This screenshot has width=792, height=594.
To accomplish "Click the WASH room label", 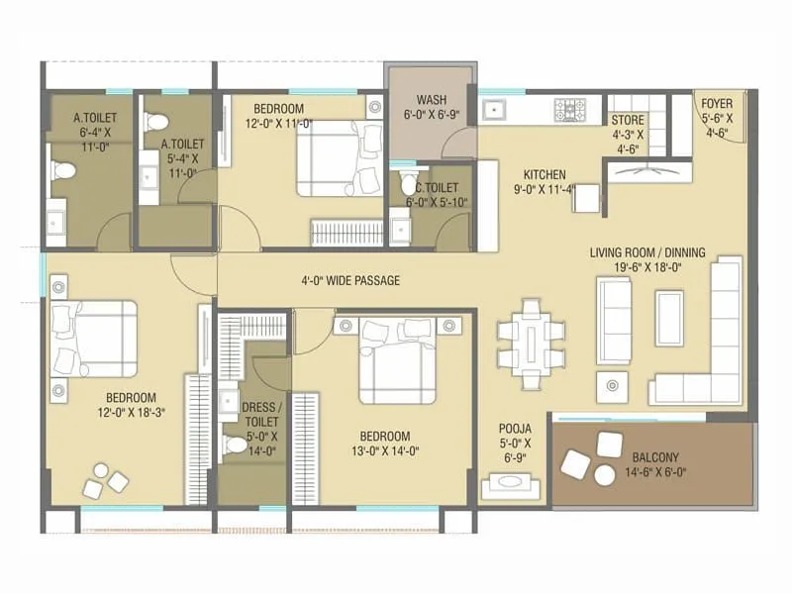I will click(x=430, y=100).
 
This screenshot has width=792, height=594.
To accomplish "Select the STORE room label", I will click(x=628, y=121).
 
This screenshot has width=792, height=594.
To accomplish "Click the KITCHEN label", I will click(x=544, y=170).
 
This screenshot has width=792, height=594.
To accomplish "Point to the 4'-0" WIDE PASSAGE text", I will click(x=350, y=281).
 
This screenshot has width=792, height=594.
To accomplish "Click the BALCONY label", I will click(x=654, y=457).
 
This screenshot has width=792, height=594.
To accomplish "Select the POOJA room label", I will click(x=515, y=429).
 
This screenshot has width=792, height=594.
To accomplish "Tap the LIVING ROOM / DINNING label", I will click(x=647, y=252).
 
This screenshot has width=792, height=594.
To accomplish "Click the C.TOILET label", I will click(x=437, y=186).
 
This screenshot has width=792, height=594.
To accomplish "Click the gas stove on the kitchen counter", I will click(x=569, y=109).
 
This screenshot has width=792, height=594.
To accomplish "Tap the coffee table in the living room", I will click(x=669, y=318).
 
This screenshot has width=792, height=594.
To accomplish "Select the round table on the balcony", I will click(x=604, y=475).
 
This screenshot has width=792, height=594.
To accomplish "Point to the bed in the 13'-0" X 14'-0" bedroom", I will click(x=395, y=361).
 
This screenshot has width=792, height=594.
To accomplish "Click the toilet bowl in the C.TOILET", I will click(x=409, y=184).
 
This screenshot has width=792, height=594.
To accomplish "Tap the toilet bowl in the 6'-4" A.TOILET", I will click(x=63, y=171).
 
